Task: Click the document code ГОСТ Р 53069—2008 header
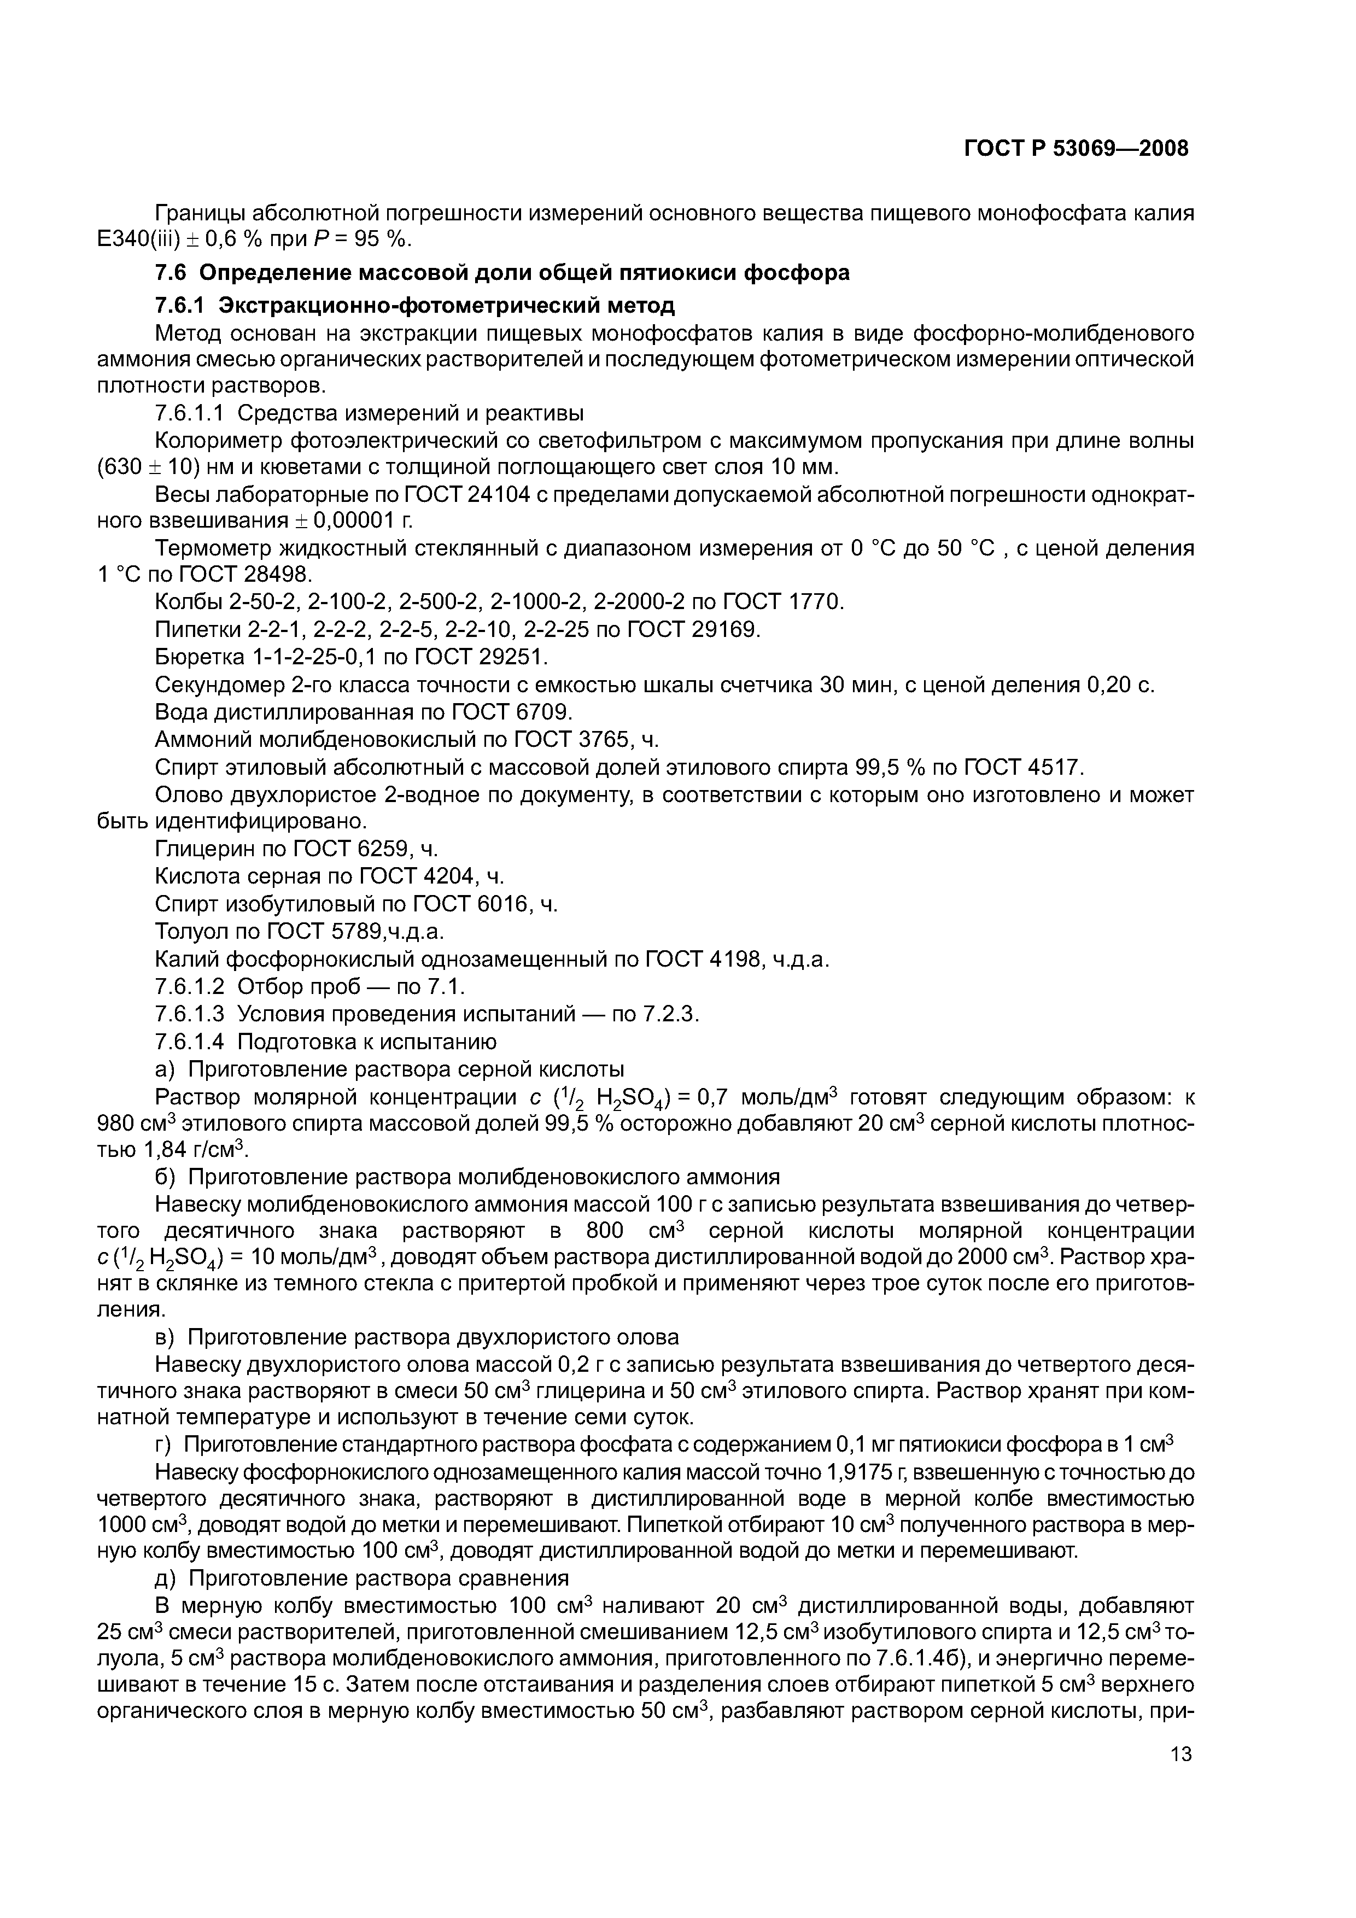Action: pos(1076,149)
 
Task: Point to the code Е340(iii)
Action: pos(139,239)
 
